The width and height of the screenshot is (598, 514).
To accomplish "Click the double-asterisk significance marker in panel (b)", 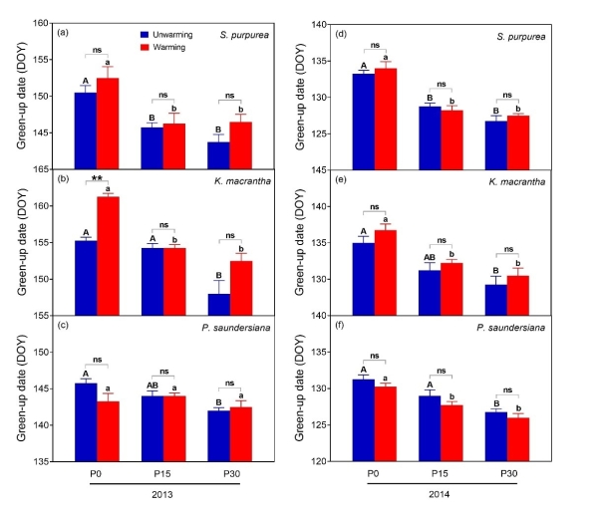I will (97, 180).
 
